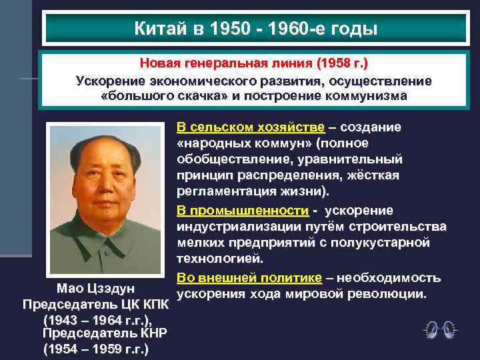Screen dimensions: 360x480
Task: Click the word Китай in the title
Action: click(154, 29)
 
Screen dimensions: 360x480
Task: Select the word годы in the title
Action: click(353, 29)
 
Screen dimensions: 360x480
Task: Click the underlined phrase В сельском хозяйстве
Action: click(251, 127)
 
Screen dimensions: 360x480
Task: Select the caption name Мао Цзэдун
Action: click(96, 289)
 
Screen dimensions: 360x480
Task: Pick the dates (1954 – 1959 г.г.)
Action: click(96, 349)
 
